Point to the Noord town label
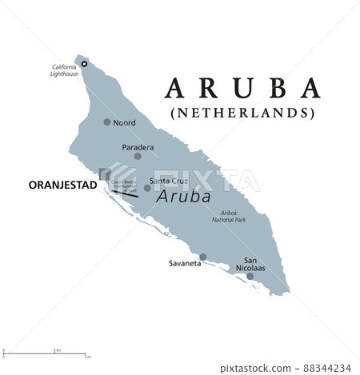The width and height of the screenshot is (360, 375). tap(125, 124)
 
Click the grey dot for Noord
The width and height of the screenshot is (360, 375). tap(108, 122)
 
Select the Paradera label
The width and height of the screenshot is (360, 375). tap(137, 147)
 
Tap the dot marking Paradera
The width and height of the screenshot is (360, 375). tap(138, 156)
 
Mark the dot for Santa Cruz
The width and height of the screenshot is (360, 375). tap(147, 188)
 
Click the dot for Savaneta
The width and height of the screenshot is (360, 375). tap(203, 257)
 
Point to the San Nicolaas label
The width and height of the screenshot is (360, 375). tap(254, 264)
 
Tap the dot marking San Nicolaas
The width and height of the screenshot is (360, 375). tap(250, 276)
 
